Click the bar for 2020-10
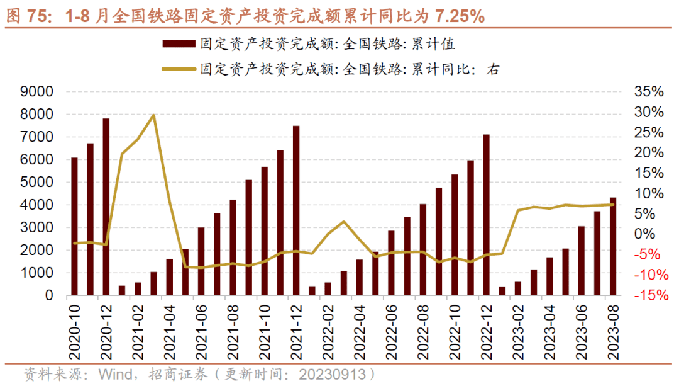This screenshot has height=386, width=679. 74,226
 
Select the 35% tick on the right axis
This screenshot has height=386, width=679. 649,92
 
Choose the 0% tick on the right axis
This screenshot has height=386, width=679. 649,234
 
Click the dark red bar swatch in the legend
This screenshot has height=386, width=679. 179,44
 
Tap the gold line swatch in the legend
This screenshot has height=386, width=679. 179,69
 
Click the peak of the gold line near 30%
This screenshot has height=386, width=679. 154,115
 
